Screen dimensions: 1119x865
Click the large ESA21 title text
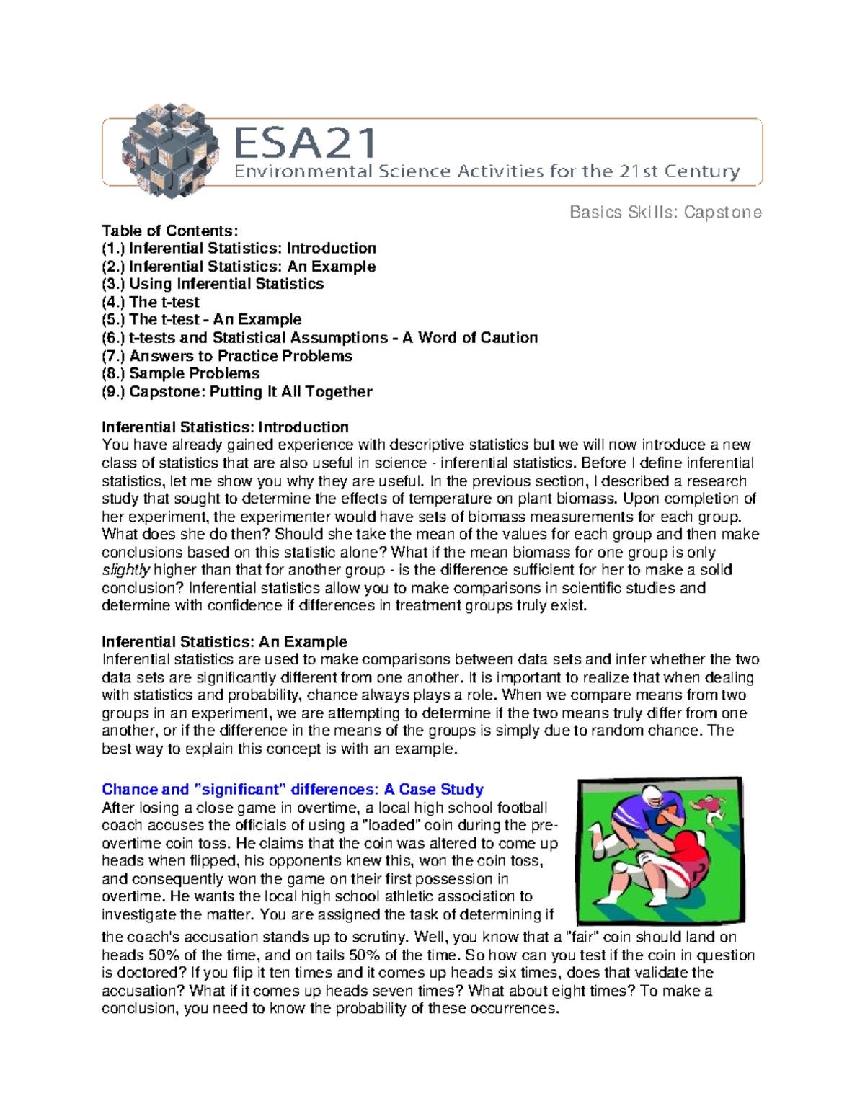point(306,143)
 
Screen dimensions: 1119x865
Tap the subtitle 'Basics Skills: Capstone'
point(665,212)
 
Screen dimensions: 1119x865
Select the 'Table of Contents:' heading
point(169,231)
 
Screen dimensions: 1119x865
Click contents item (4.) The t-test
point(151,302)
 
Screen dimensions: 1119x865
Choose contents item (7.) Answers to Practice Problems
point(227,356)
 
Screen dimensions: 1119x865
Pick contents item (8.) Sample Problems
point(181,373)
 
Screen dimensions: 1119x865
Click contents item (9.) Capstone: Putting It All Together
point(237,391)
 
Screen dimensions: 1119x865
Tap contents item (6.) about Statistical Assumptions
point(320,338)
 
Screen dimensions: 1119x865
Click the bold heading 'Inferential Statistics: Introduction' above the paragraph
point(225,427)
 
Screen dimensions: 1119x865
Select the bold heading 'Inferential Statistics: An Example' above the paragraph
point(224,641)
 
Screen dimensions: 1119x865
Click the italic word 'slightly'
point(125,570)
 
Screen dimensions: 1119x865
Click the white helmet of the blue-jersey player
point(652,798)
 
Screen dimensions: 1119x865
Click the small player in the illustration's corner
point(711,806)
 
